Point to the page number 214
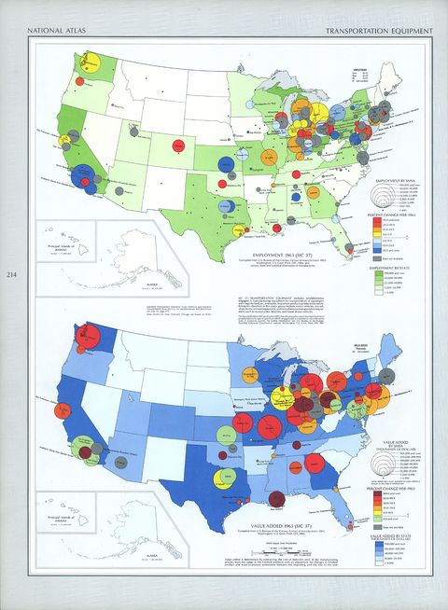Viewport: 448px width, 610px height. (x=10, y=273)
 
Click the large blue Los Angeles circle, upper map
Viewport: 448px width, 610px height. (x=90, y=178)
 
